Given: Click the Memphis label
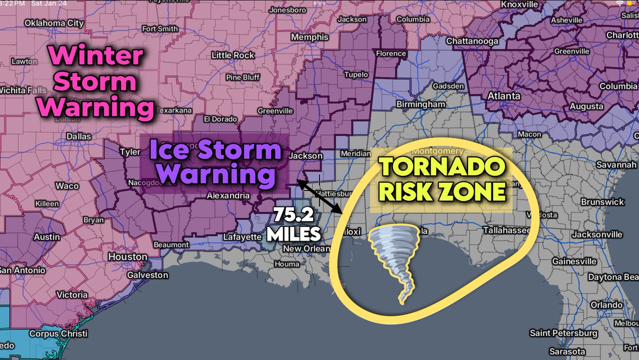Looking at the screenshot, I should pyautogui.click(x=310, y=38).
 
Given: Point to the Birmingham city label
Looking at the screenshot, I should pyautogui.click(x=421, y=104).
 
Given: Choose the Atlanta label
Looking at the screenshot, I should pyautogui.click(x=504, y=96).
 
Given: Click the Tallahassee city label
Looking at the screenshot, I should pyautogui.click(x=506, y=230).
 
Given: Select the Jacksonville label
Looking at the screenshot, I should pyautogui.click(x=596, y=234).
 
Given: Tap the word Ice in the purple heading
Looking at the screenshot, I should pyautogui.click(x=169, y=151).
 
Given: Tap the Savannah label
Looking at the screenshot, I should pyautogui.click(x=617, y=164).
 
